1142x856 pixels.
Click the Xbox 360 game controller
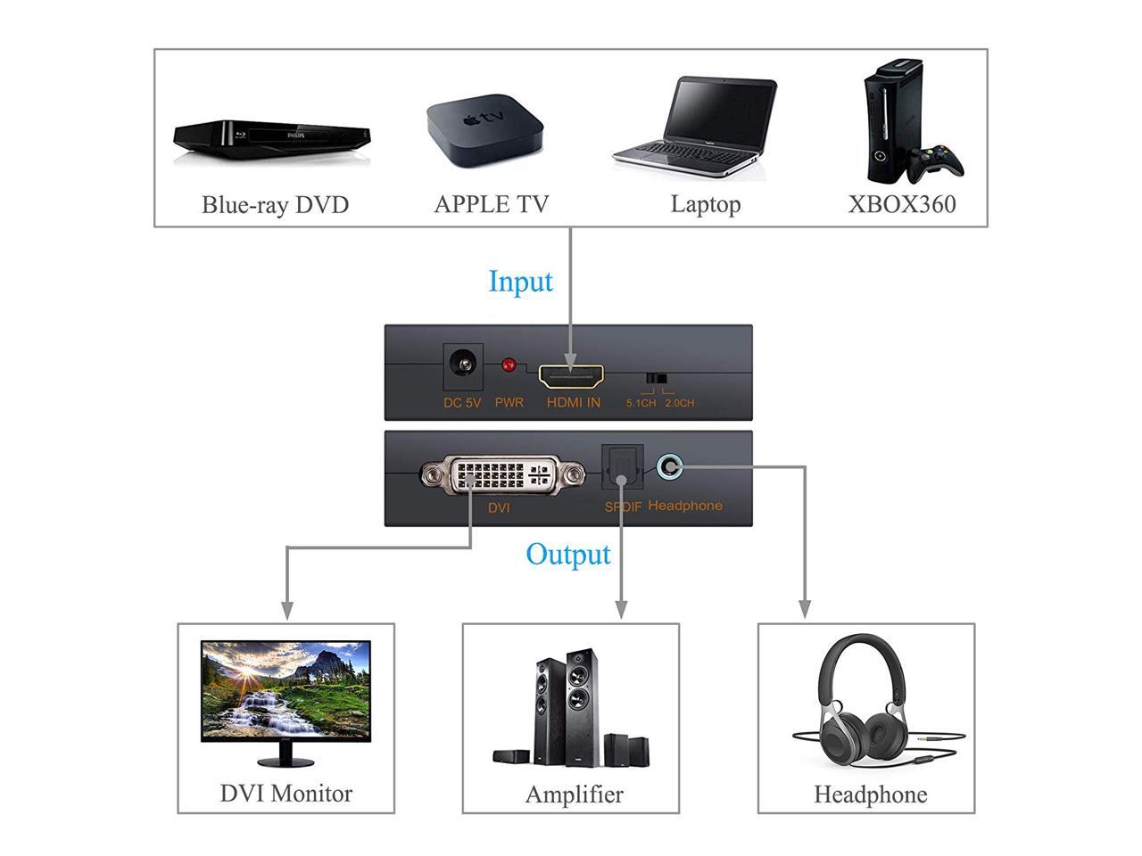tap(936, 162)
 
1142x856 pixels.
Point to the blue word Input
tap(520, 282)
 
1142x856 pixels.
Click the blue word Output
tap(567, 555)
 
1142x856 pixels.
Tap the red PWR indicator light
tap(509, 365)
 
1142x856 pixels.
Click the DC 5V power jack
tap(462, 365)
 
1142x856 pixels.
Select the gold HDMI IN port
tap(571, 375)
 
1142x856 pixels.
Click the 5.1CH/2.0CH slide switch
tap(658, 379)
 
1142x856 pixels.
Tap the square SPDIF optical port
tap(621, 468)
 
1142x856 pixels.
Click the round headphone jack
tap(669, 465)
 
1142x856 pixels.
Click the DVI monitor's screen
tap(285, 690)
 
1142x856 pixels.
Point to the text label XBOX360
tap(901, 204)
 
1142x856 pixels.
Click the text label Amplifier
tap(574, 794)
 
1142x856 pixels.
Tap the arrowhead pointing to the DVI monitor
tap(286, 611)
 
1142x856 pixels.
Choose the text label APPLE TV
tap(491, 204)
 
